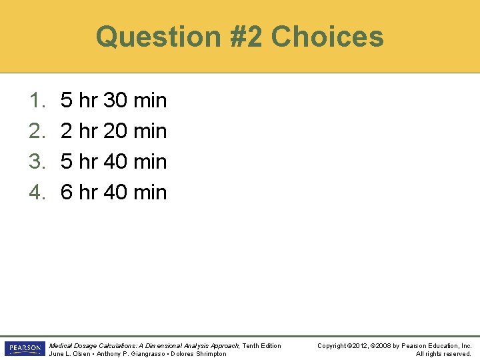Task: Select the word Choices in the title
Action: (x=328, y=37)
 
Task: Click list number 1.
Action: (x=36, y=101)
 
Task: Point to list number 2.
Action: (x=36, y=131)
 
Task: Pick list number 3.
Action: (x=36, y=161)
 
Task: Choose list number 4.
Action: (x=36, y=192)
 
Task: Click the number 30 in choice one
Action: (x=116, y=101)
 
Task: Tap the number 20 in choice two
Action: (x=116, y=131)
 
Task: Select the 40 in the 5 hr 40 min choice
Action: (x=116, y=161)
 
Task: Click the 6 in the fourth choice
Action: (x=67, y=192)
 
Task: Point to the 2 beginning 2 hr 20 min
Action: (x=67, y=131)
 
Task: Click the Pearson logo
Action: (x=24, y=349)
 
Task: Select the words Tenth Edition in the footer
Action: (x=262, y=345)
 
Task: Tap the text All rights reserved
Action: (x=443, y=353)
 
